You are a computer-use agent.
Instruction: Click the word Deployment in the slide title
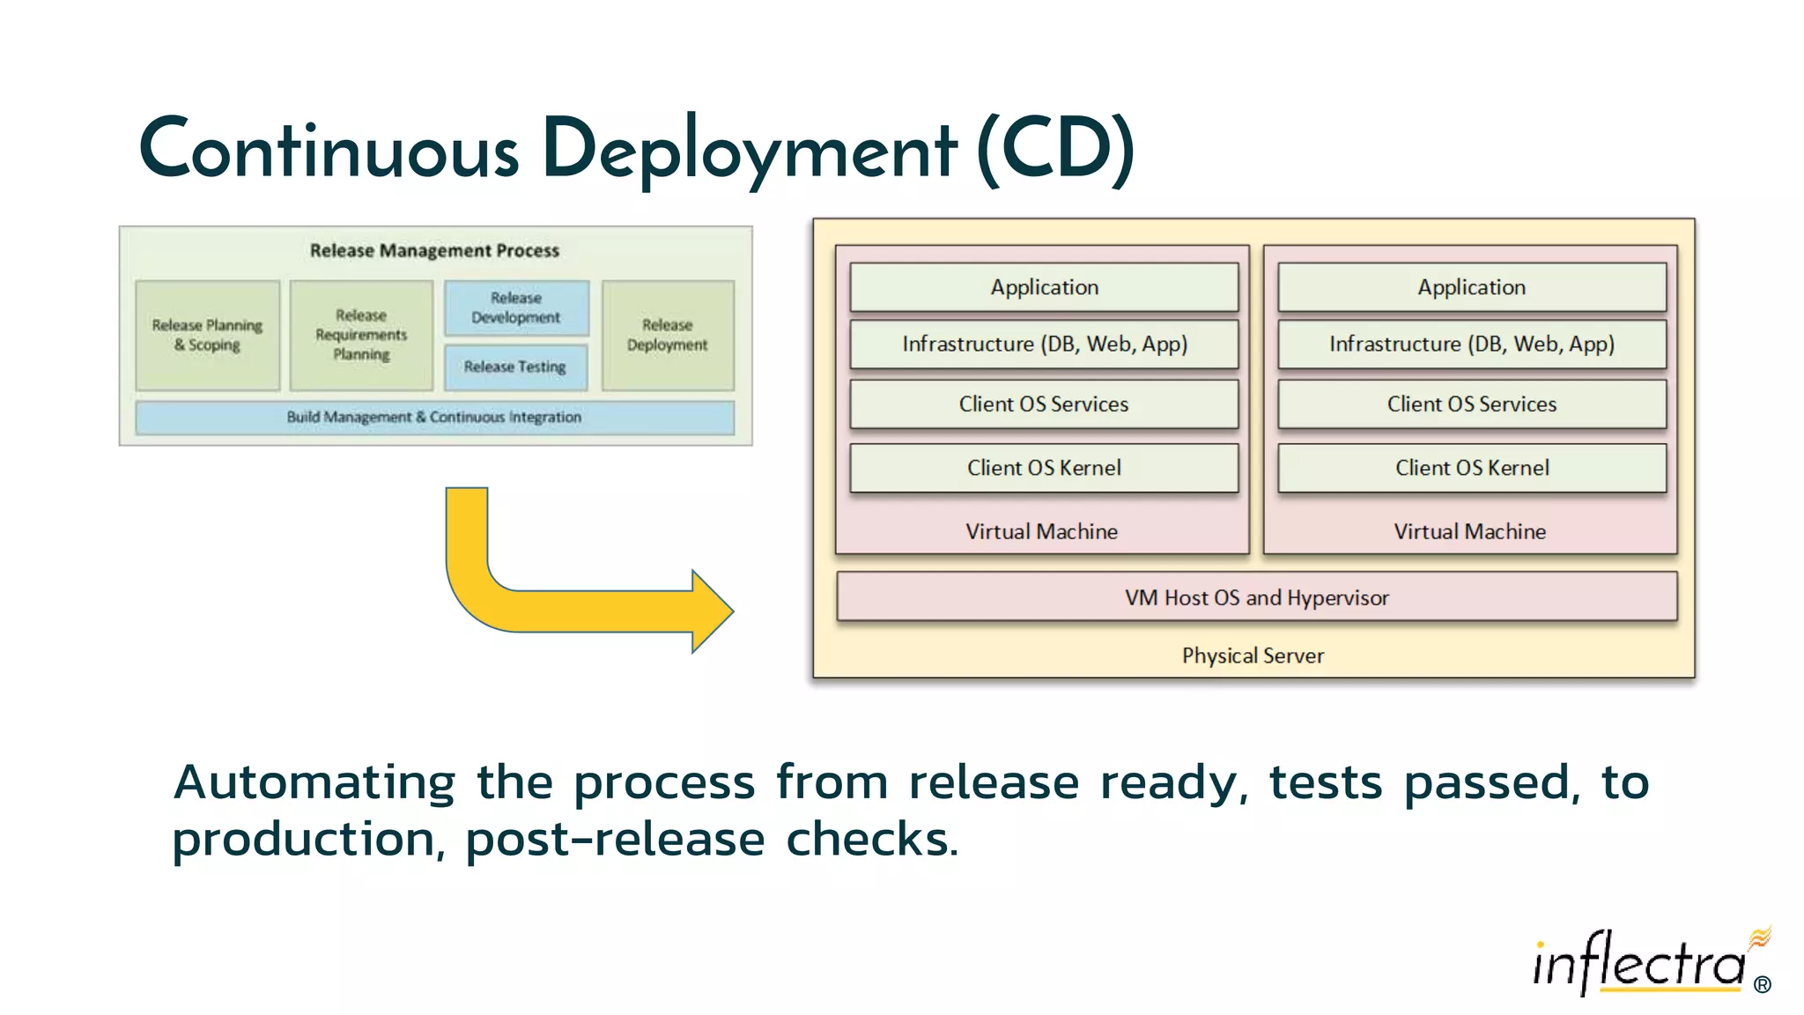point(749,150)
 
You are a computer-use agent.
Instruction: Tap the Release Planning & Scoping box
point(208,335)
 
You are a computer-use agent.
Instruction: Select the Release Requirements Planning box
point(361,335)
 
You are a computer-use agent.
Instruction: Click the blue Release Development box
point(516,307)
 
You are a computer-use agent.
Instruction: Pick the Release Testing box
point(515,367)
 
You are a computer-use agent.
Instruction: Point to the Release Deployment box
point(668,335)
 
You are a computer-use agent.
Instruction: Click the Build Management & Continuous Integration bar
point(434,417)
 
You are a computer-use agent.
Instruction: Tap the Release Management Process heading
point(434,250)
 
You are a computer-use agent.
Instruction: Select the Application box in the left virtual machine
point(1044,287)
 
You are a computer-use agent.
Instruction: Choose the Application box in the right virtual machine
point(1471,287)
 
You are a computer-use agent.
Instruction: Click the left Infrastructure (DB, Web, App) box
point(1044,344)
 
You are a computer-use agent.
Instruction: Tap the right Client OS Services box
point(1471,404)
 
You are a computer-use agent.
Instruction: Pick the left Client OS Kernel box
point(1044,468)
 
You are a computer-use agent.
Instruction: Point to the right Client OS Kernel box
point(1471,468)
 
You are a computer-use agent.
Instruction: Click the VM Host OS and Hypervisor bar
point(1256,597)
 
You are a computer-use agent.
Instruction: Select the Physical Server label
point(1253,656)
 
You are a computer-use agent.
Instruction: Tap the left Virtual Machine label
point(1041,531)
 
